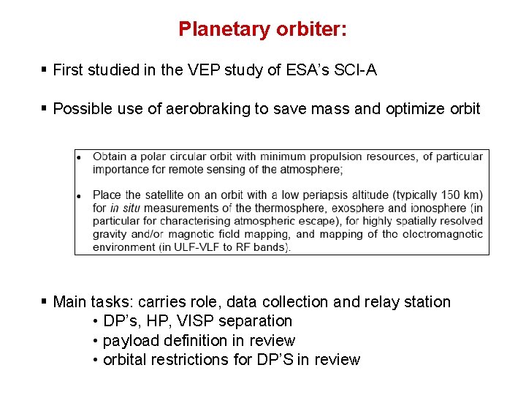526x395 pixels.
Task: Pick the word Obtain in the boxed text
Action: tap(110, 156)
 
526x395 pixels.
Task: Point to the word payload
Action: tap(127, 341)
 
